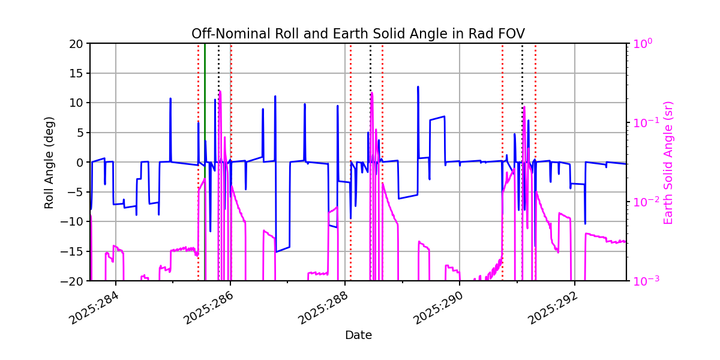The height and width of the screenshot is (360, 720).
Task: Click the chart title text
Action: point(358,34)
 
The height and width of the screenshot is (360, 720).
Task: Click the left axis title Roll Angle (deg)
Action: point(49,162)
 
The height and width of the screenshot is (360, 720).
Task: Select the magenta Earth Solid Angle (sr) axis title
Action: point(669,162)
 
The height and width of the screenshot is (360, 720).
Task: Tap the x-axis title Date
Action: point(358,335)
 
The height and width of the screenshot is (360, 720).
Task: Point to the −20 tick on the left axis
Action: point(76,281)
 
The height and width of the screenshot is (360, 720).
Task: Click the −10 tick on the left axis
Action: point(76,221)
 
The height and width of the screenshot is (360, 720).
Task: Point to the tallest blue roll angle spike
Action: point(418,88)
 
